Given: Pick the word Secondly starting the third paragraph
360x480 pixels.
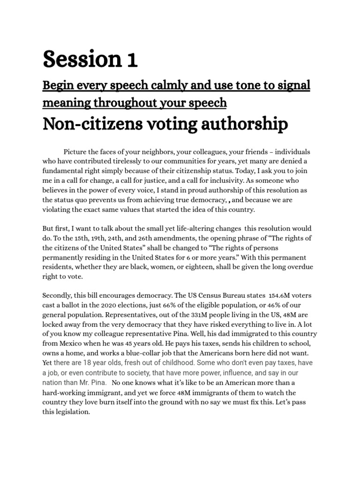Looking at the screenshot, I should click(x=58, y=296).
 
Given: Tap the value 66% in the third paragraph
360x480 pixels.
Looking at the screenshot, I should click(x=157, y=306).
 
